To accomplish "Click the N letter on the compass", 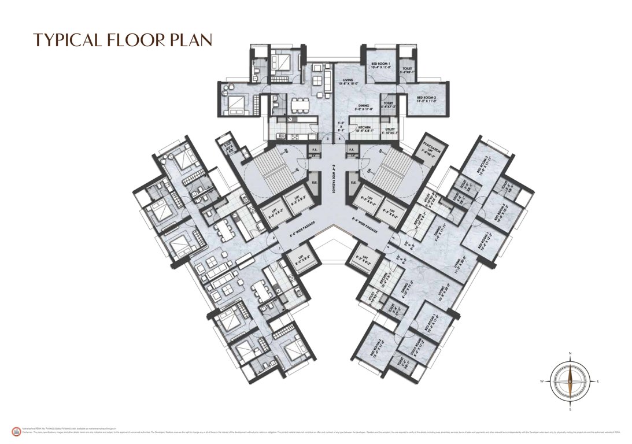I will pos(570,353).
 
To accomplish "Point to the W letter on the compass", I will pos(542,382).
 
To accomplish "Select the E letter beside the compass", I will pos(598,382).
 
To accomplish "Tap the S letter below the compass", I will pos(570,409).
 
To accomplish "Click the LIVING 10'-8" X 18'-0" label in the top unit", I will pos(348,82).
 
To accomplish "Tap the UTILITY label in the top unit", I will pos(390,131).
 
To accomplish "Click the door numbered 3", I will pos(327,139).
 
